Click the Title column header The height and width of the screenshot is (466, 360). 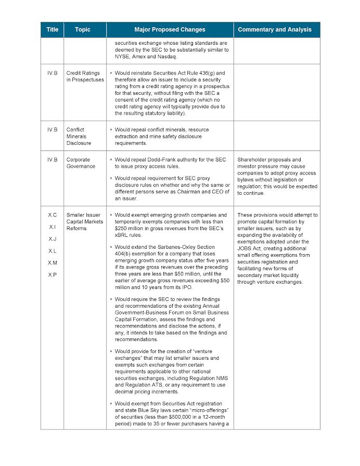click(52, 30)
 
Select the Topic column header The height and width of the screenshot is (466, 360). click(82, 30)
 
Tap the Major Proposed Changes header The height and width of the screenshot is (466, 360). click(170, 30)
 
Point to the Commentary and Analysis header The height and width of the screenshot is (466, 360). click(275, 30)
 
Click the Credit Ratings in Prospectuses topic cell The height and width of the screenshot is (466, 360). click(85, 77)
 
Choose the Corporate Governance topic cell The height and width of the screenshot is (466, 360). click(81, 163)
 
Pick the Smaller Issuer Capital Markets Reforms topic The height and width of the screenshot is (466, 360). click(83, 221)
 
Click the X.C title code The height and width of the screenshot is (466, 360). click(53, 215)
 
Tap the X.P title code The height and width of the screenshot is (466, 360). click(53, 274)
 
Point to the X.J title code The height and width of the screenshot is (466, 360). click(53, 239)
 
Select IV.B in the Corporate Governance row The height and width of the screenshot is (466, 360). click(53, 160)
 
